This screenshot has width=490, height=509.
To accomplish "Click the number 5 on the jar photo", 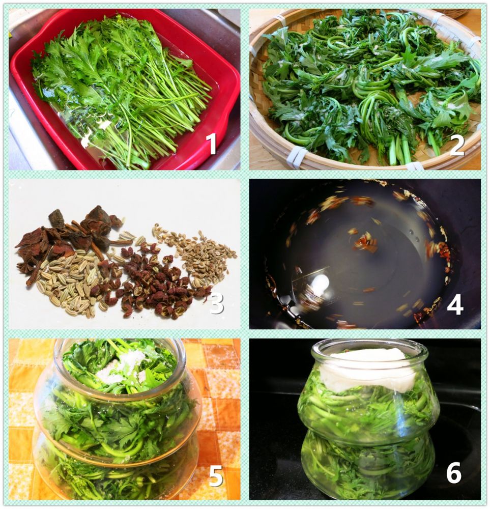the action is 216,475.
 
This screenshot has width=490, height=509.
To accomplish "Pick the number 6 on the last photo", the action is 454,472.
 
